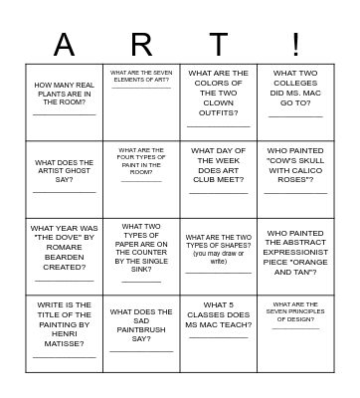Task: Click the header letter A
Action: coord(64,45)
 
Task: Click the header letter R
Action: coord(141,45)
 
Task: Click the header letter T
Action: coord(219,45)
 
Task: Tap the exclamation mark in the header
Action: coord(295,45)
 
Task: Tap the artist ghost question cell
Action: coord(65,179)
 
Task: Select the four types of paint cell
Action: coord(141,179)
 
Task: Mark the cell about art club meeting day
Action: coord(219,179)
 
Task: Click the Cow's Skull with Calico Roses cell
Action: coord(295,179)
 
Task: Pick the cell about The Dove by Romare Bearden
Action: coord(65,257)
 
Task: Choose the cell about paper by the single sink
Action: coord(141,257)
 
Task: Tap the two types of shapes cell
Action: coord(219,257)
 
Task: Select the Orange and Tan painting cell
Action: coord(295,257)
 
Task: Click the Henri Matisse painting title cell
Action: coord(65,334)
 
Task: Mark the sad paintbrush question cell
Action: coord(141,334)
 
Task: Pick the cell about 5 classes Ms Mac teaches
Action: coord(219,334)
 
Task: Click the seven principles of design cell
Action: coord(295,334)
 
